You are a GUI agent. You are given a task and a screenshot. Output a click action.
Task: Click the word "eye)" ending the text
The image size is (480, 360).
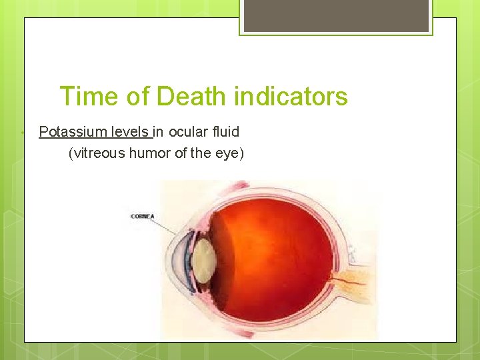[231, 153]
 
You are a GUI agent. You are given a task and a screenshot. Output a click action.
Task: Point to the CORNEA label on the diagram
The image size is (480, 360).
[143, 217]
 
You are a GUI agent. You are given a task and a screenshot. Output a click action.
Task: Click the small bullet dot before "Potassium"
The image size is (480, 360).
[23, 133]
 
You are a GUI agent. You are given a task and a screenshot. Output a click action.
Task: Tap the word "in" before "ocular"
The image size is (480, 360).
[160, 132]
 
